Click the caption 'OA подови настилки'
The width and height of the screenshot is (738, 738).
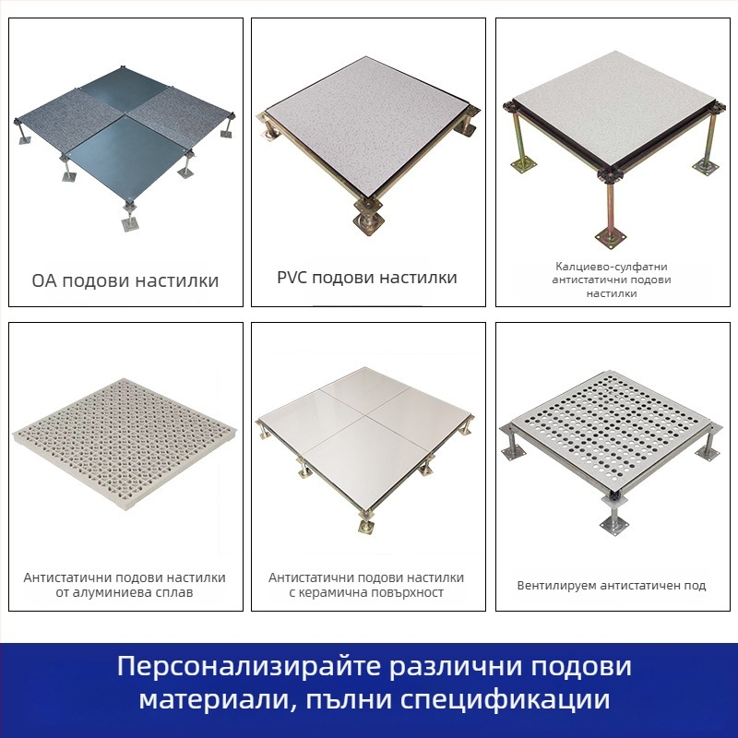coord(125,280)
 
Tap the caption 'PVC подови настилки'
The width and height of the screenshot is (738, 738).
coord(367,278)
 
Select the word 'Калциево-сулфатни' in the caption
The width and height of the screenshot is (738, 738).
coord(612,267)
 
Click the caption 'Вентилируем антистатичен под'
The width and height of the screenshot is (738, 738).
coord(612,586)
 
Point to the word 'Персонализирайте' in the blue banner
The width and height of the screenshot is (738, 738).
coord(249,667)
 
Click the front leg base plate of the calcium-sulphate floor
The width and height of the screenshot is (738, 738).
coord(612,237)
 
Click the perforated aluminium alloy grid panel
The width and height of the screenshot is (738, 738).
coord(124,446)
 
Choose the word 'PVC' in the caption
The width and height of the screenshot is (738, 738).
coord(292,278)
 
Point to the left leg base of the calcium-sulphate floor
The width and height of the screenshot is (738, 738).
coord(523,165)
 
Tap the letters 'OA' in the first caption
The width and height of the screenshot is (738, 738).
coord(44,281)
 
